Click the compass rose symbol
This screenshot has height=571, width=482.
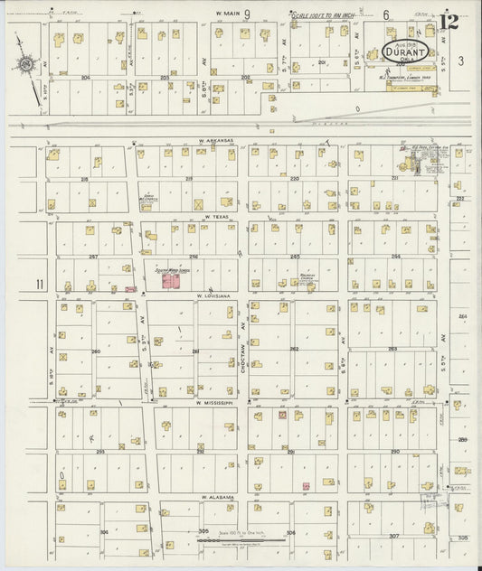point(27,64)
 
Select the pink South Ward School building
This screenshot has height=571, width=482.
point(169,282)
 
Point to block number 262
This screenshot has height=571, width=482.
point(293,349)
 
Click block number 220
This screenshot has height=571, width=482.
point(294,179)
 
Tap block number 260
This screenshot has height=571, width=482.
point(95,351)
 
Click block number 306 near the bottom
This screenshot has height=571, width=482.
point(290,533)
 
